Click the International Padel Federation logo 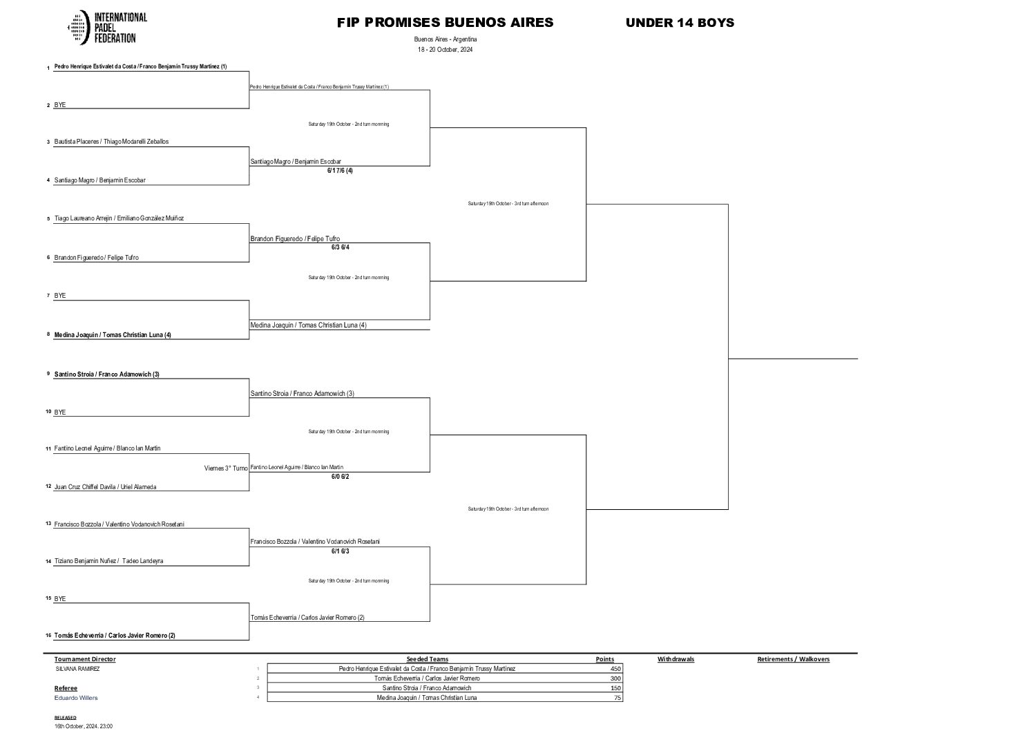click(x=107, y=28)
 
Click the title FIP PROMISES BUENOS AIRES click(x=445, y=22)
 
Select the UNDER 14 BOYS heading click(x=680, y=22)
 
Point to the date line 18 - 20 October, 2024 click(x=445, y=50)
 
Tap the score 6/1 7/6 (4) click(x=340, y=170)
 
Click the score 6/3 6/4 click(x=340, y=247)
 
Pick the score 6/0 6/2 click(x=340, y=476)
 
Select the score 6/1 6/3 click(x=340, y=551)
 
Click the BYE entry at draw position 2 click(x=60, y=105)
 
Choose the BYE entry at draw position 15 click(x=60, y=599)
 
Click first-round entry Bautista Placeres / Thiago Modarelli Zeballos click(x=111, y=142)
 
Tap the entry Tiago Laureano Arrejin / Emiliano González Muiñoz click(x=119, y=218)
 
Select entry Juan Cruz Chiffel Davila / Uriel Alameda click(x=105, y=487)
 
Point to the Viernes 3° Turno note click(x=226, y=468)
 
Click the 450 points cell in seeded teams click(x=615, y=669)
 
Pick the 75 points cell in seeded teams click(x=617, y=698)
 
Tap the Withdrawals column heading click(x=676, y=659)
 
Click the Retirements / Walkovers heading click(x=793, y=659)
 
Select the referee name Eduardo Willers click(x=76, y=698)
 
